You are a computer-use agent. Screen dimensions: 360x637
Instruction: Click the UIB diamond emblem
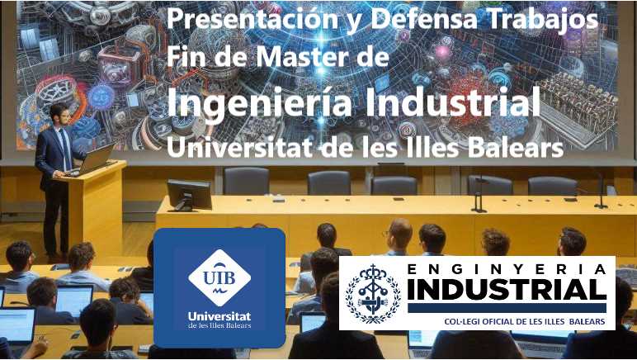point(219,277)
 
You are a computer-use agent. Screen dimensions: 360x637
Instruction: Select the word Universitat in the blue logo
point(219,316)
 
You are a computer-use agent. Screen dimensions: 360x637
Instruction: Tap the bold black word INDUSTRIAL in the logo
point(507,290)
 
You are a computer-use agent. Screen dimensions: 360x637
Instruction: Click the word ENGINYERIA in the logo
point(507,268)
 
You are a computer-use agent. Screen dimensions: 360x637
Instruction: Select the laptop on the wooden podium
point(97,158)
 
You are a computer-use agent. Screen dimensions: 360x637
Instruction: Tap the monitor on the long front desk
point(189,193)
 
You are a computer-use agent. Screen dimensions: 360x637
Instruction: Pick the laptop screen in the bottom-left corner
point(17,325)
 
